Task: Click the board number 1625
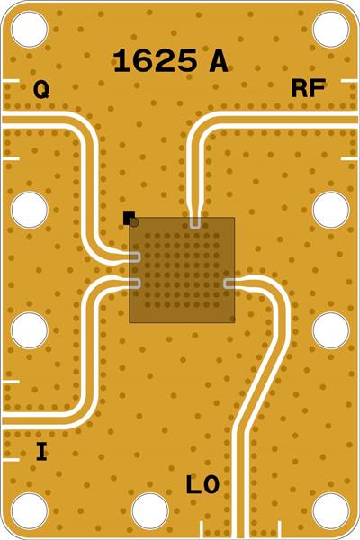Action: (155, 60)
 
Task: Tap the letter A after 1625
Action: (219, 61)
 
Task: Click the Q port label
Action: (41, 90)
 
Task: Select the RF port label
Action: (309, 88)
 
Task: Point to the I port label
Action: (41, 452)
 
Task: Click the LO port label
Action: (202, 484)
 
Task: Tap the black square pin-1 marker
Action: (129, 218)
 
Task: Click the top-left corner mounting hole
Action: (30, 30)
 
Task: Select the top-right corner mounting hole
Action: (330, 30)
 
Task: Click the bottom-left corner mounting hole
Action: (30, 511)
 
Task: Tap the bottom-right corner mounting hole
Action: (330, 511)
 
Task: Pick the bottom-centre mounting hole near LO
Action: (150, 511)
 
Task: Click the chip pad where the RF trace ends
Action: (195, 222)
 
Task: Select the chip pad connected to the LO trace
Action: (229, 283)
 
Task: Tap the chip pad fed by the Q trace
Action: (135, 256)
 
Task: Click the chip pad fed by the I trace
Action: (135, 283)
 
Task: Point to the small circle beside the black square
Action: (135, 222)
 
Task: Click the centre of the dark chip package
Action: (182, 270)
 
